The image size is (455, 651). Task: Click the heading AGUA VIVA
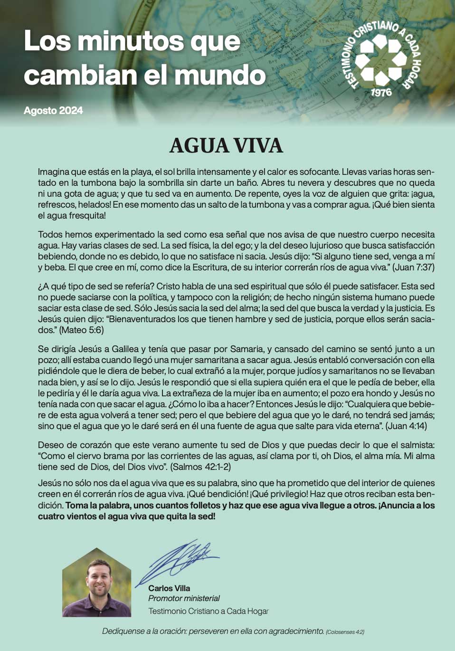(226, 146)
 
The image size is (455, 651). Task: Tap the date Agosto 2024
(53, 111)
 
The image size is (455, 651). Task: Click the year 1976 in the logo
(381, 92)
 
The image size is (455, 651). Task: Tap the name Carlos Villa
(169, 588)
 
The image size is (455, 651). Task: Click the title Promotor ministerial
(184, 599)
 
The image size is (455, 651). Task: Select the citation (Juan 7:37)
(413, 268)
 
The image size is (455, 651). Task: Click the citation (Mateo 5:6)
(81, 330)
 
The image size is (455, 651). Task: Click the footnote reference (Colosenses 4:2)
(345, 632)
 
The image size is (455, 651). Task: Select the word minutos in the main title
(132, 41)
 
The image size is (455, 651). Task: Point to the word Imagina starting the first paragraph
(53, 172)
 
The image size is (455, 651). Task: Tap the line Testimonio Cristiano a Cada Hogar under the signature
(208, 611)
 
